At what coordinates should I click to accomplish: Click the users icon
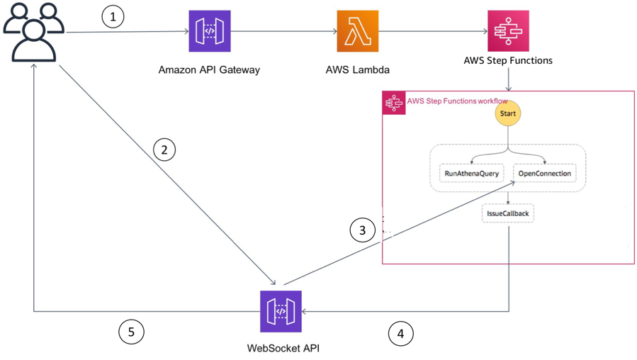point(33,33)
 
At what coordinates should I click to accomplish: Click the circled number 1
point(113,16)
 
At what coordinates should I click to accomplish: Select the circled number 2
point(164,150)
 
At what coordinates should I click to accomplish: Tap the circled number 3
point(362,230)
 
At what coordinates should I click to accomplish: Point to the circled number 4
point(400,333)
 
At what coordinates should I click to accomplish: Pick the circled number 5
point(131,332)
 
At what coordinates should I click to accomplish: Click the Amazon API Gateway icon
point(210,31)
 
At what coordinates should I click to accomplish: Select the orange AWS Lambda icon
point(357,31)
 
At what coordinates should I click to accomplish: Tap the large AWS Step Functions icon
point(508,31)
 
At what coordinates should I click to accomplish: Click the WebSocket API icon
point(281,311)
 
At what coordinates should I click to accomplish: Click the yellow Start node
point(508,113)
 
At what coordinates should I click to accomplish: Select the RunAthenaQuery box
point(472,173)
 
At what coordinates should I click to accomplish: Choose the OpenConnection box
point(544,173)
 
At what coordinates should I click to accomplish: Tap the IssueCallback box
point(508,213)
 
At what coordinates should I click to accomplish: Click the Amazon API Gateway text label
point(209,70)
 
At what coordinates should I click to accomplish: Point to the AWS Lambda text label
point(358,70)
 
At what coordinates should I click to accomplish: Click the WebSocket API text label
point(280,348)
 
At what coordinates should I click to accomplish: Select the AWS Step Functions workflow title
point(457,101)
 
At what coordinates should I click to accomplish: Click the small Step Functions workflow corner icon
point(394,103)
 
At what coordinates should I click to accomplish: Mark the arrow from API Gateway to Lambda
point(283,31)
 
